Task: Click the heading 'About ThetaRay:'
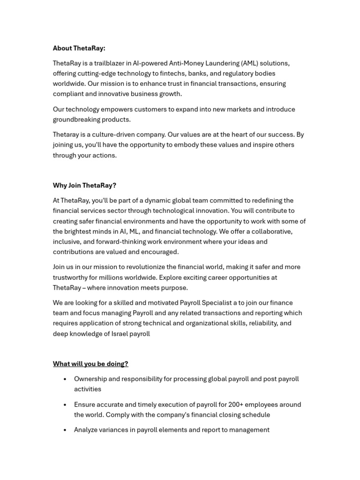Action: [79, 48]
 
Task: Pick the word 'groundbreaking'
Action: [75, 120]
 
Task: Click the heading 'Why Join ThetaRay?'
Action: [84, 186]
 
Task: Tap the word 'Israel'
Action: [117, 334]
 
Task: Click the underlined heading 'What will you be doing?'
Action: [90, 364]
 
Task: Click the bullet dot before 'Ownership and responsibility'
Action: [65, 379]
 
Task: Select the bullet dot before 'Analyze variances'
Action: [65, 430]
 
